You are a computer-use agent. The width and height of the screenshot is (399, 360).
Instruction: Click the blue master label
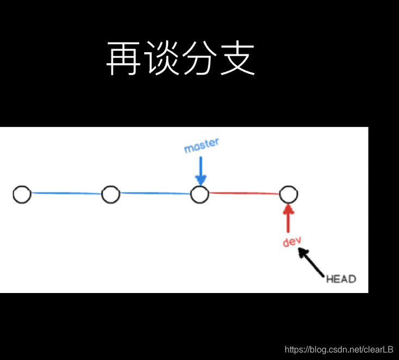pyautogui.click(x=201, y=145)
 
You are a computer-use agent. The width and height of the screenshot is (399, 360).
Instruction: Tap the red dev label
pyautogui.click(x=292, y=242)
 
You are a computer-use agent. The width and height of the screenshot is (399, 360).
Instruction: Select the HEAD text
pyautogui.click(x=341, y=279)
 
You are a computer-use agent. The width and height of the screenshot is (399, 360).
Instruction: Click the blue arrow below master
pyautogui.click(x=201, y=170)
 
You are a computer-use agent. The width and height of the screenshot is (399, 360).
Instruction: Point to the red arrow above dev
pyautogui.click(x=288, y=217)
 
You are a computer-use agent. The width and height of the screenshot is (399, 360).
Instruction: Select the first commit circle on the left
pyautogui.click(x=22, y=194)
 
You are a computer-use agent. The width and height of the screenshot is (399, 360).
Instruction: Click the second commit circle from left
pyautogui.click(x=111, y=194)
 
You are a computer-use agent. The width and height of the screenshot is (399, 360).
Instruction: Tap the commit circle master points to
pyautogui.click(x=200, y=194)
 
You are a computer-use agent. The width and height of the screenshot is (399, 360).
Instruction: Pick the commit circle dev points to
pyautogui.click(x=288, y=194)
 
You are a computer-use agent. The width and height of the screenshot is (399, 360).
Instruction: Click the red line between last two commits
pyautogui.click(x=244, y=193)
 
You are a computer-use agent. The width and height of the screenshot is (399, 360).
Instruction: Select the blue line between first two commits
pyautogui.click(x=66, y=193)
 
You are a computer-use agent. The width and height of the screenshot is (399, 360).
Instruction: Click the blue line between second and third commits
pyautogui.click(x=155, y=193)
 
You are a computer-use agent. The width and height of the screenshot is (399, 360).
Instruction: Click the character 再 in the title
pyautogui.click(x=124, y=59)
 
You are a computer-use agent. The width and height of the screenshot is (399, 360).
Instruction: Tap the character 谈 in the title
pyautogui.click(x=161, y=59)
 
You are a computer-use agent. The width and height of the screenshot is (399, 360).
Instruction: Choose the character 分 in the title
pyautogui.click(x=199, y=59)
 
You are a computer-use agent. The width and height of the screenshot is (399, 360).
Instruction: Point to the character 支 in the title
pyautogui.click(x=237, y=59)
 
